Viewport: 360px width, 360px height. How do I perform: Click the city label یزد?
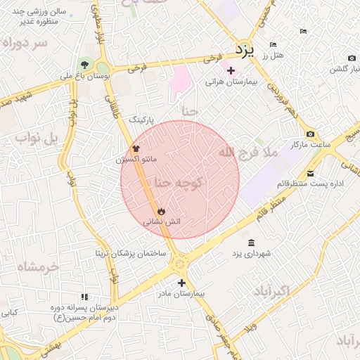click(243, 50)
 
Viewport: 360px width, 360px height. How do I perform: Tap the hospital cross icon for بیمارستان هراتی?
click(231, 70)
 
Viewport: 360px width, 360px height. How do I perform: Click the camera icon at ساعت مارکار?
click(310, 134)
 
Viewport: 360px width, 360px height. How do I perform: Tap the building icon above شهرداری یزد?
click(252, 243)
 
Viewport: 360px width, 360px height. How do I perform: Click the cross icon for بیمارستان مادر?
click(181, 282)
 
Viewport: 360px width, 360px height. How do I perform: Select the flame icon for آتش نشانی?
click(162, 210)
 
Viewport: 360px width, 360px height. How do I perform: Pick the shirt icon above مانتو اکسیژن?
click(136, 148)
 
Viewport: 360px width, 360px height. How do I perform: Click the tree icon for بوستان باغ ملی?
click(86, 66)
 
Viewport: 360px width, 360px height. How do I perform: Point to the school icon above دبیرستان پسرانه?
click(84, 297)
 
